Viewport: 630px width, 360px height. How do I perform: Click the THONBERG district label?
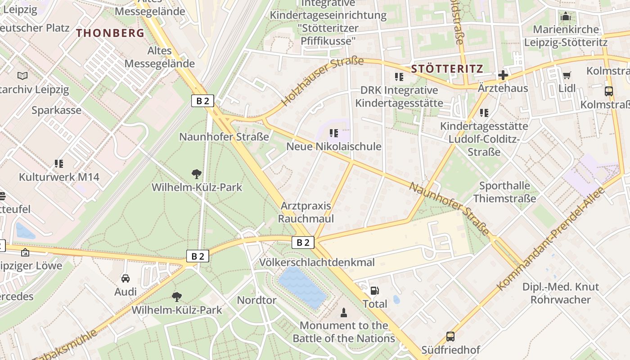click(110, 33)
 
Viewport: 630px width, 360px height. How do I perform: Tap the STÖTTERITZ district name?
click(447, 69)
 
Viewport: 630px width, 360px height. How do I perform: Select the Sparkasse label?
click(56, 110)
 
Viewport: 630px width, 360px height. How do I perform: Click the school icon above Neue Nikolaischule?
click(333, 133)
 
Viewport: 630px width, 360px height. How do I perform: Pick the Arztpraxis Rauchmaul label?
click(306, 212)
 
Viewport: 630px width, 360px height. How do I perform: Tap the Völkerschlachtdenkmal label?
click(317, 262)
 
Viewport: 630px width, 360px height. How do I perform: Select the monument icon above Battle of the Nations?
click(344, 312)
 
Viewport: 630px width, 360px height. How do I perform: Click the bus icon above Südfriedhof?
click(450, 336)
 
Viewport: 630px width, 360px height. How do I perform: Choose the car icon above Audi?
click(126, 279)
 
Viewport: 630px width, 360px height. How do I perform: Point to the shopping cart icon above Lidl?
click(567, 75)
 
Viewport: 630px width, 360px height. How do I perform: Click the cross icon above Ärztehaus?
click(503, 75)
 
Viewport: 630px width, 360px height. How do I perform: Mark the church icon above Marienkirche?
click(566, 17)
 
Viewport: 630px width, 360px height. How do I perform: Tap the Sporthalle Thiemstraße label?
click(504, 192)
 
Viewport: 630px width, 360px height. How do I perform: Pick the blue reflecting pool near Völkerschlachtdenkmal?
click(302, 287)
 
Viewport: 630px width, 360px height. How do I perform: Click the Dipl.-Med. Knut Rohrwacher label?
click(560, 293)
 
